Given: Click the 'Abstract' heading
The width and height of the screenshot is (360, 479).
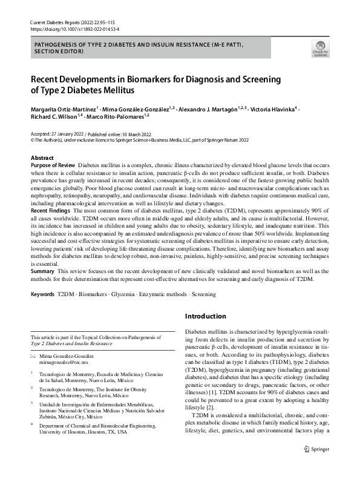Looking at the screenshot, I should pyautogui.click(x=42, y=157).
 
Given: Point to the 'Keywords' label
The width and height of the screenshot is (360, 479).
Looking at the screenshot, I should pyautogui.click(x=43, y=294).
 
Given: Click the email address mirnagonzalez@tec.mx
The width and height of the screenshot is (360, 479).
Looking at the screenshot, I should pyautogui.click(x=64, y=362).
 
